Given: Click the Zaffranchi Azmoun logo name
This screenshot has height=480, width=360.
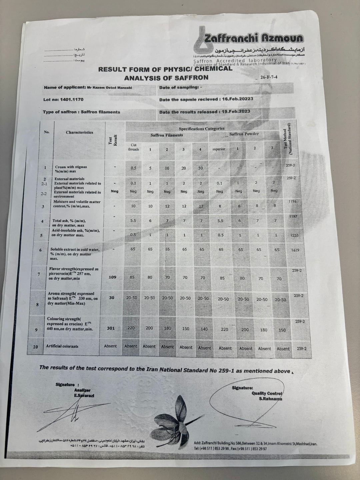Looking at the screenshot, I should click(253, 38).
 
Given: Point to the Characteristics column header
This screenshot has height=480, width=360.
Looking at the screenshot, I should click(79, 132).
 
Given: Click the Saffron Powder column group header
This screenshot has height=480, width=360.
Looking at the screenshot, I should click(244, 134).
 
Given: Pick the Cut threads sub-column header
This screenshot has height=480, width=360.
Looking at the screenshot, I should click(133, 147).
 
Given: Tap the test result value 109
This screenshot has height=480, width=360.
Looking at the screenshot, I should click(113, 277).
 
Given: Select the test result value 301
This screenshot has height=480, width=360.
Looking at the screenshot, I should click(111, 328).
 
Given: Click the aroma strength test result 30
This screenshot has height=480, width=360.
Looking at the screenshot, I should click(112, 298).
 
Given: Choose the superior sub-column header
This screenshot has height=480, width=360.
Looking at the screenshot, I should click(219, 149).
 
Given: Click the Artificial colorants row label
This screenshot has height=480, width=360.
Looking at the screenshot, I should click(62, 346).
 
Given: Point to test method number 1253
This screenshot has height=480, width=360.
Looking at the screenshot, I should click(294, 235).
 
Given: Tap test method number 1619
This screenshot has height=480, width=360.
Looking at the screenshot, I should click(295, 250).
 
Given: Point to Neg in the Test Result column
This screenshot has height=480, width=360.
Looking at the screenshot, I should click(114, 191).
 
